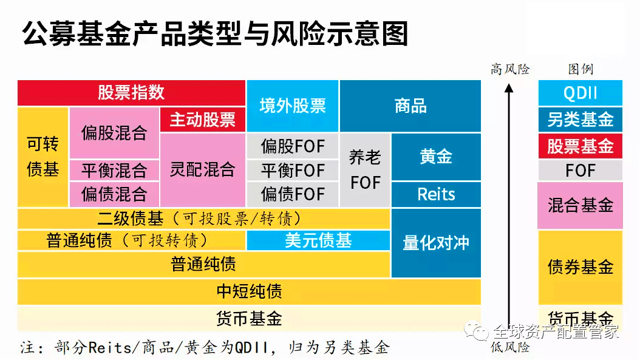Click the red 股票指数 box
point(131,93)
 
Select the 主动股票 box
point(202,120)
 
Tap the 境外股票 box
point(293,106)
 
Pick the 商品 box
point(410,106)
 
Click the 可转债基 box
point(43,157)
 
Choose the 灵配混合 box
point(202,170)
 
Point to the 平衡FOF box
point(293,170)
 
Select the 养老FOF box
point(366,170)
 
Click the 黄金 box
point(436,157)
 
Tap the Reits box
point(436,194)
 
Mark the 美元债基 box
point(318,240)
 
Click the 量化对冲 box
point(436,243)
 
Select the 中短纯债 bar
point(249,291)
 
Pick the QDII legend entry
point(580,93)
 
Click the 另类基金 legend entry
point(580,120)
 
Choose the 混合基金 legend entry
point(580,205)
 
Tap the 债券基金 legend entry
point(580,267)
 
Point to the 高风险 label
point(510,69)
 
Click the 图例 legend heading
point(580,69)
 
